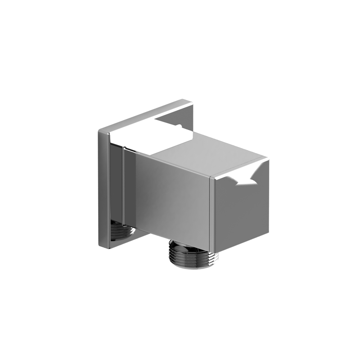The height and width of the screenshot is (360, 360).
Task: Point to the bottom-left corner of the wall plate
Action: tap(100, 246)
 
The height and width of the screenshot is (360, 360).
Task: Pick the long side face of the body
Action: tap(173, 198)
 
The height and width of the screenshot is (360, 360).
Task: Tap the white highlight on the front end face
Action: tap(245, 180)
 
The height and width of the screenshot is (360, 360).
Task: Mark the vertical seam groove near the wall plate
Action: tap(123, 189)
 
